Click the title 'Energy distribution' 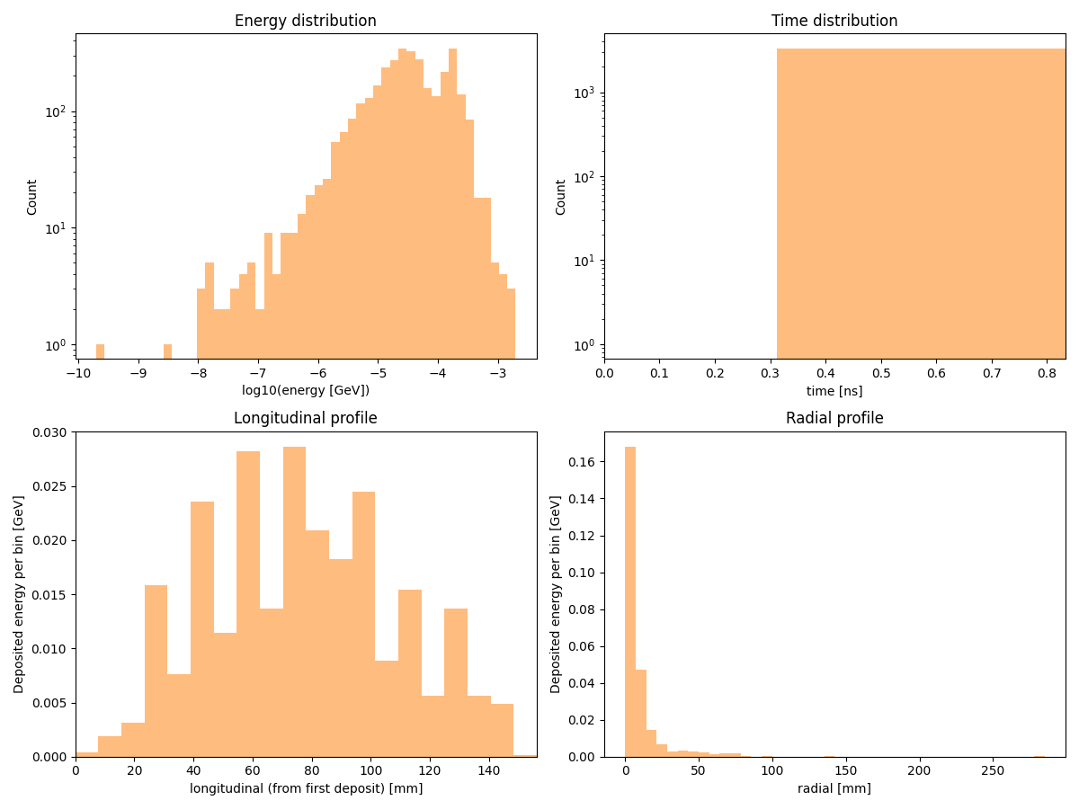pyautogui.click(x=306, y=21)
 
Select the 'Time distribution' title pyautogui.click(x=834, y=21)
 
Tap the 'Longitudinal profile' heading pyautogui.click(x=306, y=418)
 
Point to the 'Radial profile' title pyautogui.click(x=834, y=418)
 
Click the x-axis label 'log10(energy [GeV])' pyautogui.click(x=306, y=390)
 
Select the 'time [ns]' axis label pyautogui.click(x=834, y=390)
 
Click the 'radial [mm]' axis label pyautogui.click(x=834, y=788)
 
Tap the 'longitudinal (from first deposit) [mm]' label pyautogui.click(x=306, y=788)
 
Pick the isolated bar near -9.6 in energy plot pyautogui.click(x=100, y=351)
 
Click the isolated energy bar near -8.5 pyautogui.click(x=167, y=351)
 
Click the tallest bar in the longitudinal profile pyautogui.click(x=294, y=602)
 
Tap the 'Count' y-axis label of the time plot pyautogui.click(x=561, y=197)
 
